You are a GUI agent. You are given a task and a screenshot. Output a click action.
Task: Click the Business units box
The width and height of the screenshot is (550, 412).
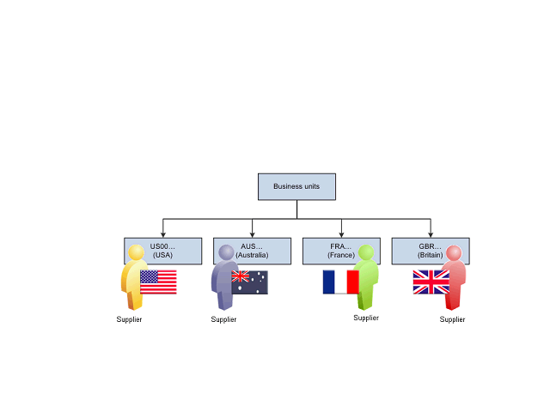click(x=296, y=187)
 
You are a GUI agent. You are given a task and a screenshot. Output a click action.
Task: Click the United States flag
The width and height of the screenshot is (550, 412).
click(x=158, y=282)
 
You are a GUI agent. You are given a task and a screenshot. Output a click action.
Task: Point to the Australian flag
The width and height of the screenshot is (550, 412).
click(x=249, y=282)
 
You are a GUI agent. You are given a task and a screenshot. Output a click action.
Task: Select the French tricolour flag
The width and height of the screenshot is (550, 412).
click(x=340, y=282)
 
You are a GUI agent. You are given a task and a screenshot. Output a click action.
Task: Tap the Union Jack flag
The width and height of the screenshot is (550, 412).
click(x=431, y=282)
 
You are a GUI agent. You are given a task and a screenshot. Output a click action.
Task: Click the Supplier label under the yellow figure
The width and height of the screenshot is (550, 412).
click(x=129, y=319)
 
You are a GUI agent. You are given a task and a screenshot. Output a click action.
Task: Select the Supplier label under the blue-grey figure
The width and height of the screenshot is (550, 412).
click(x=223, y=319)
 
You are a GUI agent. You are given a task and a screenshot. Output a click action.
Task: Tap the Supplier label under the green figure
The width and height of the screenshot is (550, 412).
click(x=366, y=318)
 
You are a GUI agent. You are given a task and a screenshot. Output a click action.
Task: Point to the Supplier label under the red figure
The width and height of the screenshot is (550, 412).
click(x=452, y=319)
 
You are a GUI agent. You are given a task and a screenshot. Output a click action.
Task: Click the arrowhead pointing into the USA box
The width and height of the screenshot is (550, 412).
click(x=162, y=233)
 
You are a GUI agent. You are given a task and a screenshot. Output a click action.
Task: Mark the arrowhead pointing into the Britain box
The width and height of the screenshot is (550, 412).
click(x=431, y=233)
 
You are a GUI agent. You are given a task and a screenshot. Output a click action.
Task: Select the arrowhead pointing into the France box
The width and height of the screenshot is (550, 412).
click(x=341, y=233)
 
